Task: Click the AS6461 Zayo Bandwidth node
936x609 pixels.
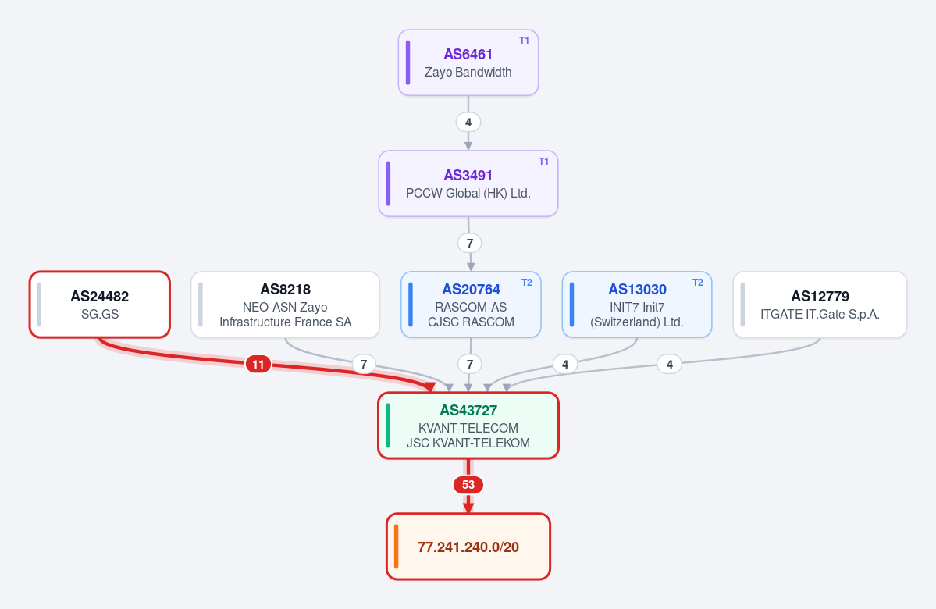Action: click(x=468, y=62)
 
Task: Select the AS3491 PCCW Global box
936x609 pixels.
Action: click(x=468, y=183)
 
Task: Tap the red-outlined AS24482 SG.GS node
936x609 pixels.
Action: click(x=100, y=304)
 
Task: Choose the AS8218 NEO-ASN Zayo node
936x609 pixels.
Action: click(x=286, y=304)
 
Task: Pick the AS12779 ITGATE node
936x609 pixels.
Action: click(x=820, y=304)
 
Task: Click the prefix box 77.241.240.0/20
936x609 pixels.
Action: click(x=468, y=547)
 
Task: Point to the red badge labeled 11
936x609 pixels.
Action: click(x=258, y=364)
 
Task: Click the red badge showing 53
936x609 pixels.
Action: click(x=468, y=485)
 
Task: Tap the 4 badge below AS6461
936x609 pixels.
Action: click(x=468, y=123)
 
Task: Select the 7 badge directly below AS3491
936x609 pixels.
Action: click(x=470, y=243)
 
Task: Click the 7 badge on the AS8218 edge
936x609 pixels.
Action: click(x=364, y=364)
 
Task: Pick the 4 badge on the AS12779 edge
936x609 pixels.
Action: click(x=670, y=364)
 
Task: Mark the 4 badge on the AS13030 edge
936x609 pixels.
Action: click(x=564, y=364)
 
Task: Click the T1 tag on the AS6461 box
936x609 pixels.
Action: click(x=524, y=41)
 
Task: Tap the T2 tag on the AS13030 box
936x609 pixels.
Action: click(x=697, y=283)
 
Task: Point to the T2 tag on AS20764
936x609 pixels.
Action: click(x=526, y=283)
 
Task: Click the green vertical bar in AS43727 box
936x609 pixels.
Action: click(x=388, y=425)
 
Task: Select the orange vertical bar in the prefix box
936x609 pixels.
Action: click(x=397, y=547)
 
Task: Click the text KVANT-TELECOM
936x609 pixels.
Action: click(x=468, y=428)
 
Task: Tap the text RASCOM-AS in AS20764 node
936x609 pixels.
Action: click(x=471, y=307)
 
